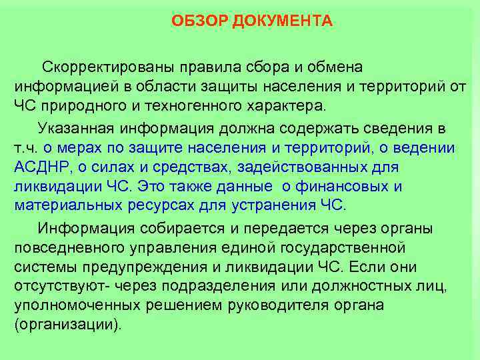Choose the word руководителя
284,306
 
